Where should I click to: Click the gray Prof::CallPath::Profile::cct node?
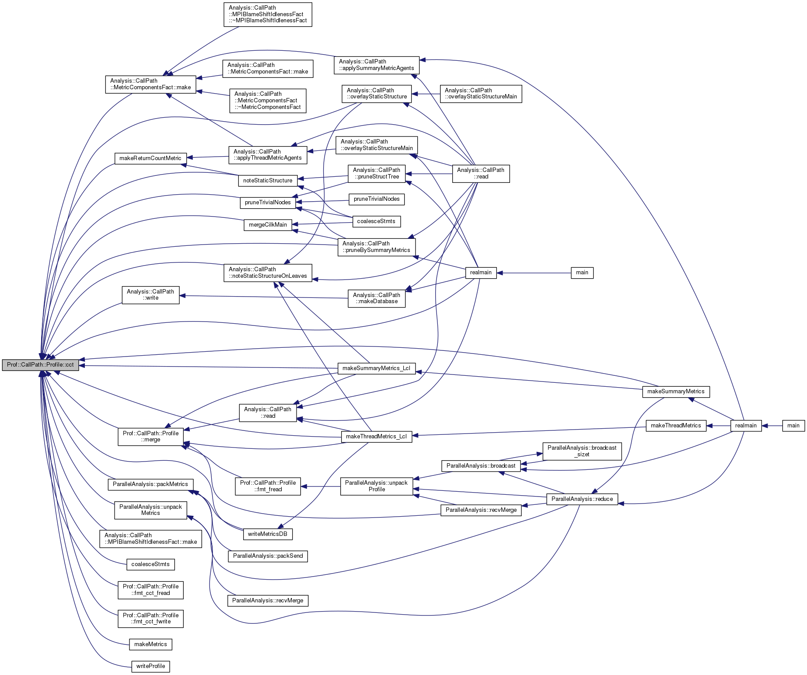[40, 365]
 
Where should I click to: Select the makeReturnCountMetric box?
[150, 158]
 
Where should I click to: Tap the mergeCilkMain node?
[268, 225]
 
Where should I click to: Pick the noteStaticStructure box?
[268, 181]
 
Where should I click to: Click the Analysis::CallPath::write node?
[150, 295]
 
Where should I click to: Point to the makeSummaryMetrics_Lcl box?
[376, 368]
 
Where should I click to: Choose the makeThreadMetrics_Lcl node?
[376, 437]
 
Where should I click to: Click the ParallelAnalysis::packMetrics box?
[150, 484]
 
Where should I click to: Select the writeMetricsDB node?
[268, 534]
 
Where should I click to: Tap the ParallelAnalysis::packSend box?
[268, 556]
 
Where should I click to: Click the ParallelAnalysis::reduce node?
[582, 499]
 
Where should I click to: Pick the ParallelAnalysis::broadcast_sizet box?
[582, 451]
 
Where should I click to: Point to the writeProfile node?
[150, 666]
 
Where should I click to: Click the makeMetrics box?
[150, 644]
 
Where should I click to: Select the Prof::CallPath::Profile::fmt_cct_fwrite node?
[150, 619]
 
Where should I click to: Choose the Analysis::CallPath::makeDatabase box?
[376, 298]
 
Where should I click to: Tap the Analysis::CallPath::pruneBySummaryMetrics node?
[376, 247]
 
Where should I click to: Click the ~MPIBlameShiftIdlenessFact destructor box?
[268, 14]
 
